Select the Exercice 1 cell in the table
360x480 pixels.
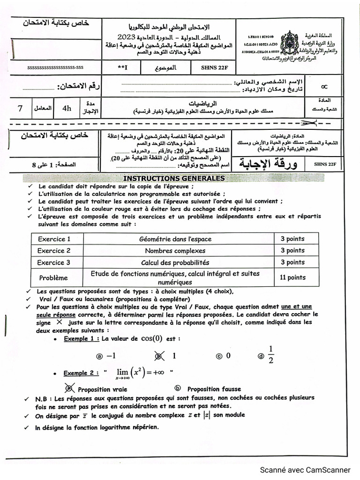point(54,239)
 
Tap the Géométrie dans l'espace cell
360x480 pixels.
point(175,239)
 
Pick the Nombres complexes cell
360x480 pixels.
point(175,251)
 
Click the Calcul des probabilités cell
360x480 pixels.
point(175,262)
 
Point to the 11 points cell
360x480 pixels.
point(292,277)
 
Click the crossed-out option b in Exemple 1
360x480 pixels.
point(159,356)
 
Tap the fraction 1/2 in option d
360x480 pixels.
point(270,355)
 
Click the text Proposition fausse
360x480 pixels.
point(214,389)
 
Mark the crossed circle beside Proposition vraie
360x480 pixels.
point(70,389)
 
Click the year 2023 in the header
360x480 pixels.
point(127,37)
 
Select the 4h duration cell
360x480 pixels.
point(67,108)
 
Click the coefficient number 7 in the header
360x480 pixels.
point(20,108)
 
